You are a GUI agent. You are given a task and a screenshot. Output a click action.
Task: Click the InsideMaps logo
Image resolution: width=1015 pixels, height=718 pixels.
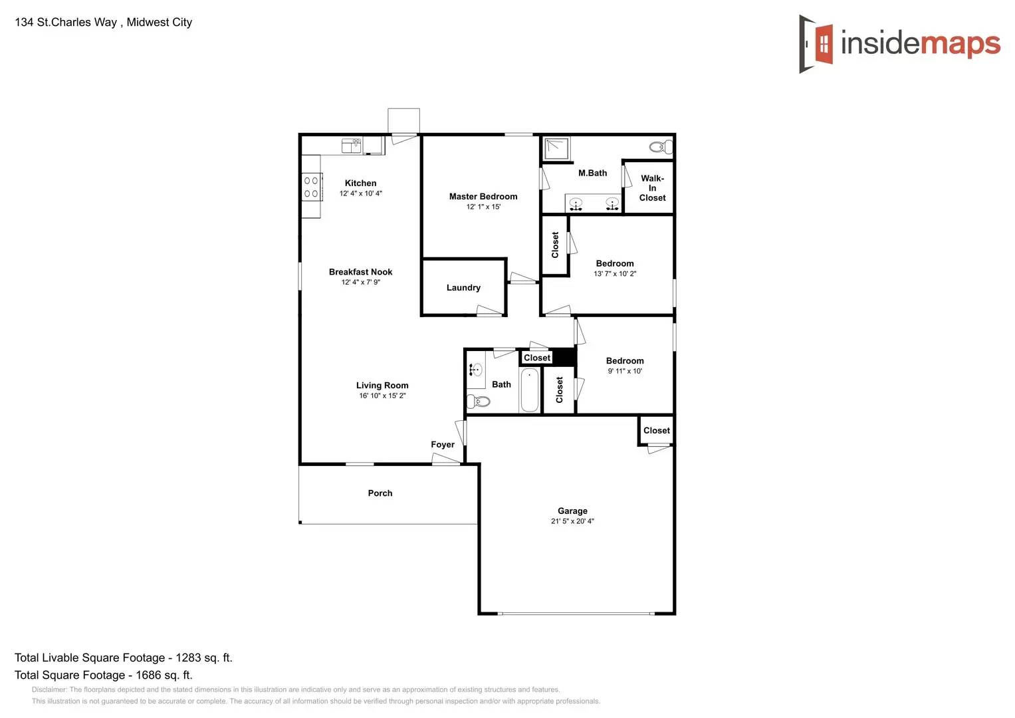[899, 44]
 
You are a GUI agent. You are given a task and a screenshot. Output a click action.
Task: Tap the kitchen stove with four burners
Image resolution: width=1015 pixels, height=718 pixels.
[311, 187]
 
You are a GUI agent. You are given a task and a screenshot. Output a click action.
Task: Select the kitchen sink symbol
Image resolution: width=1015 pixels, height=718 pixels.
[351, 145]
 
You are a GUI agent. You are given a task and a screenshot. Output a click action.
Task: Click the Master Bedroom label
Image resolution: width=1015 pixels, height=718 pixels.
[483, 197]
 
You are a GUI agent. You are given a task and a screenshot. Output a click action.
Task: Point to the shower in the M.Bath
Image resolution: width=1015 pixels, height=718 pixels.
[557, 149]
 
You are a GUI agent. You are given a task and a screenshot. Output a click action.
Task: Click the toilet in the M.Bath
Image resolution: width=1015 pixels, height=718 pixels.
[661, 147]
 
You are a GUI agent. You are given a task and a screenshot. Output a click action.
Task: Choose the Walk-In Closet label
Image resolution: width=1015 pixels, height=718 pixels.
[652, 188]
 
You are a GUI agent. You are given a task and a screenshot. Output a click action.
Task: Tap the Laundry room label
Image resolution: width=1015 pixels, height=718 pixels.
[463, 288]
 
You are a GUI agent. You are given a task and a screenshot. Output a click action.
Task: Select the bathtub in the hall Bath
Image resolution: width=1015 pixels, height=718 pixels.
[529, 391]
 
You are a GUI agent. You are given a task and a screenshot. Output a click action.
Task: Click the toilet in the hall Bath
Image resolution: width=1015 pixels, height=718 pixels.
[479, 401]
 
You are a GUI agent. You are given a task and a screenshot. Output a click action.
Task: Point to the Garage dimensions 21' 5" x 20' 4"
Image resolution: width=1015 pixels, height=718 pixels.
[572, 521]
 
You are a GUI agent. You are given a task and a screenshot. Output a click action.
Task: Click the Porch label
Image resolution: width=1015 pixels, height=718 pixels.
[380, 493]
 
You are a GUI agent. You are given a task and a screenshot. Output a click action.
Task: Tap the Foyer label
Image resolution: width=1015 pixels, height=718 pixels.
[443, 445]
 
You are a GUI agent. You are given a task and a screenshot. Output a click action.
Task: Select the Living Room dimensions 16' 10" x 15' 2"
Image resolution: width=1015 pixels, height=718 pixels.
[382, 396]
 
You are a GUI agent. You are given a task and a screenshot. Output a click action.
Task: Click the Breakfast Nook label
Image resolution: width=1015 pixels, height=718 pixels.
[360, 272]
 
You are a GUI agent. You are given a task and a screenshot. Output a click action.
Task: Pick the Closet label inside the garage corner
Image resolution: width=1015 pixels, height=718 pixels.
[657, 431]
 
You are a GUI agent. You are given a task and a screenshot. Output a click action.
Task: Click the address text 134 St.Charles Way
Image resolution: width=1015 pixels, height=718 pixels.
[66, 22]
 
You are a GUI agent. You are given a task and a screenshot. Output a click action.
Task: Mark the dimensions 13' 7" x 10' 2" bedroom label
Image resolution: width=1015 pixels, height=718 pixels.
[615, 274]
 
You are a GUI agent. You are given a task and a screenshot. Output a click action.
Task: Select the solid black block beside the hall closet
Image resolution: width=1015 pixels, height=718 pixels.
[564, 357]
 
